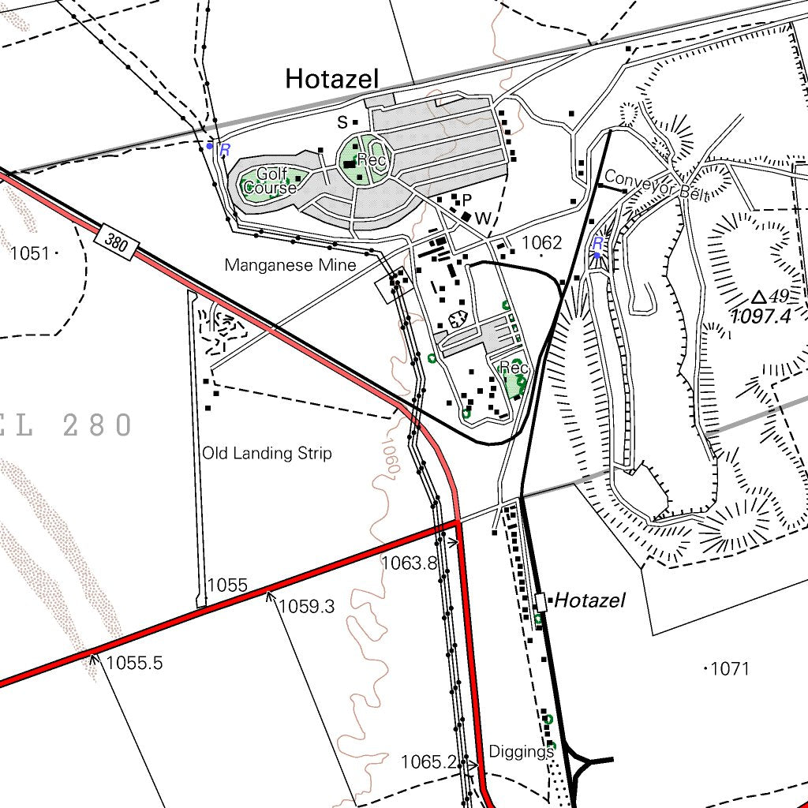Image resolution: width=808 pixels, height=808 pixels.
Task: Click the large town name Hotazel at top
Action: (332, 79)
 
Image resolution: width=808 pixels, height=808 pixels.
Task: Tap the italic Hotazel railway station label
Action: (589, 600)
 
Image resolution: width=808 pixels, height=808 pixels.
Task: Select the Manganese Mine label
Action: (290, 265)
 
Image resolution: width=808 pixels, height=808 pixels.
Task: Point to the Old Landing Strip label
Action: (267, 453)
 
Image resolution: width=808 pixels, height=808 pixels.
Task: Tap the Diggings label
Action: (521, 750)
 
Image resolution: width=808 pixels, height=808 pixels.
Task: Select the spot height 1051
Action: (30, 253)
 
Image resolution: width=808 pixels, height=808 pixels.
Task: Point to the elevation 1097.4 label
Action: (761, 317)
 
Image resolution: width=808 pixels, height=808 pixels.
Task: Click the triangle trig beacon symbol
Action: (758, 297)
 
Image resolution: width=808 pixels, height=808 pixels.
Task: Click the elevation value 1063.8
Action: (409, 563)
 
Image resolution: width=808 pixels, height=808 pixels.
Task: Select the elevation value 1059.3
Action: (306, 606)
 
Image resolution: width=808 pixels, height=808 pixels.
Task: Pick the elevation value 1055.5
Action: (134, 663)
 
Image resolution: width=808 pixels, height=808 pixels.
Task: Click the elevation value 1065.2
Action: (428, 761)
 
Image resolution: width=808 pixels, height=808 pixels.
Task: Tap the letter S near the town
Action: (342, 122)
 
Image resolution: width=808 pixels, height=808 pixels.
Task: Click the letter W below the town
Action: (483, 218)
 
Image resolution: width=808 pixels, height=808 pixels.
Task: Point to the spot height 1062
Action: (541, 242)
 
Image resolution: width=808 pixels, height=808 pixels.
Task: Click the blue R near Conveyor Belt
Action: (597, 243)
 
